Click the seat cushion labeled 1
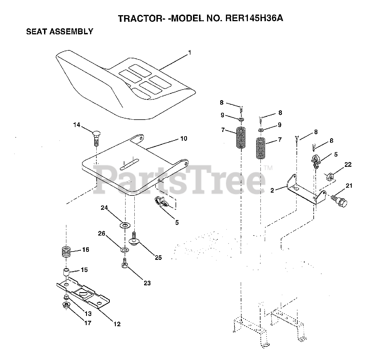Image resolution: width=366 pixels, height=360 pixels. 120,83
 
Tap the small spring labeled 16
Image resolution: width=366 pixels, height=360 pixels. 66,252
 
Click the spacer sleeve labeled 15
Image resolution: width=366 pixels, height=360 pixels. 66,271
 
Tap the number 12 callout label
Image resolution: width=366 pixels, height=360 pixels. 117,324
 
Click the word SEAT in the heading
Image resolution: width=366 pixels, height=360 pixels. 36,31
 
